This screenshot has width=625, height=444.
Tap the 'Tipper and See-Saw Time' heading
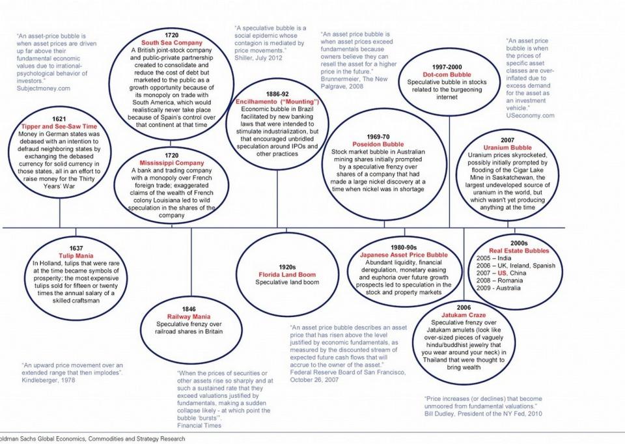tap(59, 126)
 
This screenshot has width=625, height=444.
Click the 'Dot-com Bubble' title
tap(447, 75)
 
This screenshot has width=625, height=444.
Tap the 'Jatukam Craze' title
tap(464, 314)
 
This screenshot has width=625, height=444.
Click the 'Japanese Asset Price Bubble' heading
tap(404, 255)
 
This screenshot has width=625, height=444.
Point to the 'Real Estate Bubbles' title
tap(519, 251)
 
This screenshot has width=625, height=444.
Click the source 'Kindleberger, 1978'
tap(49, 380)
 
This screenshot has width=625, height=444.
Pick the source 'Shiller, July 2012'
tap(260, 58)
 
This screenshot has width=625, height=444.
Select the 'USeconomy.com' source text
tap(530, 115)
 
